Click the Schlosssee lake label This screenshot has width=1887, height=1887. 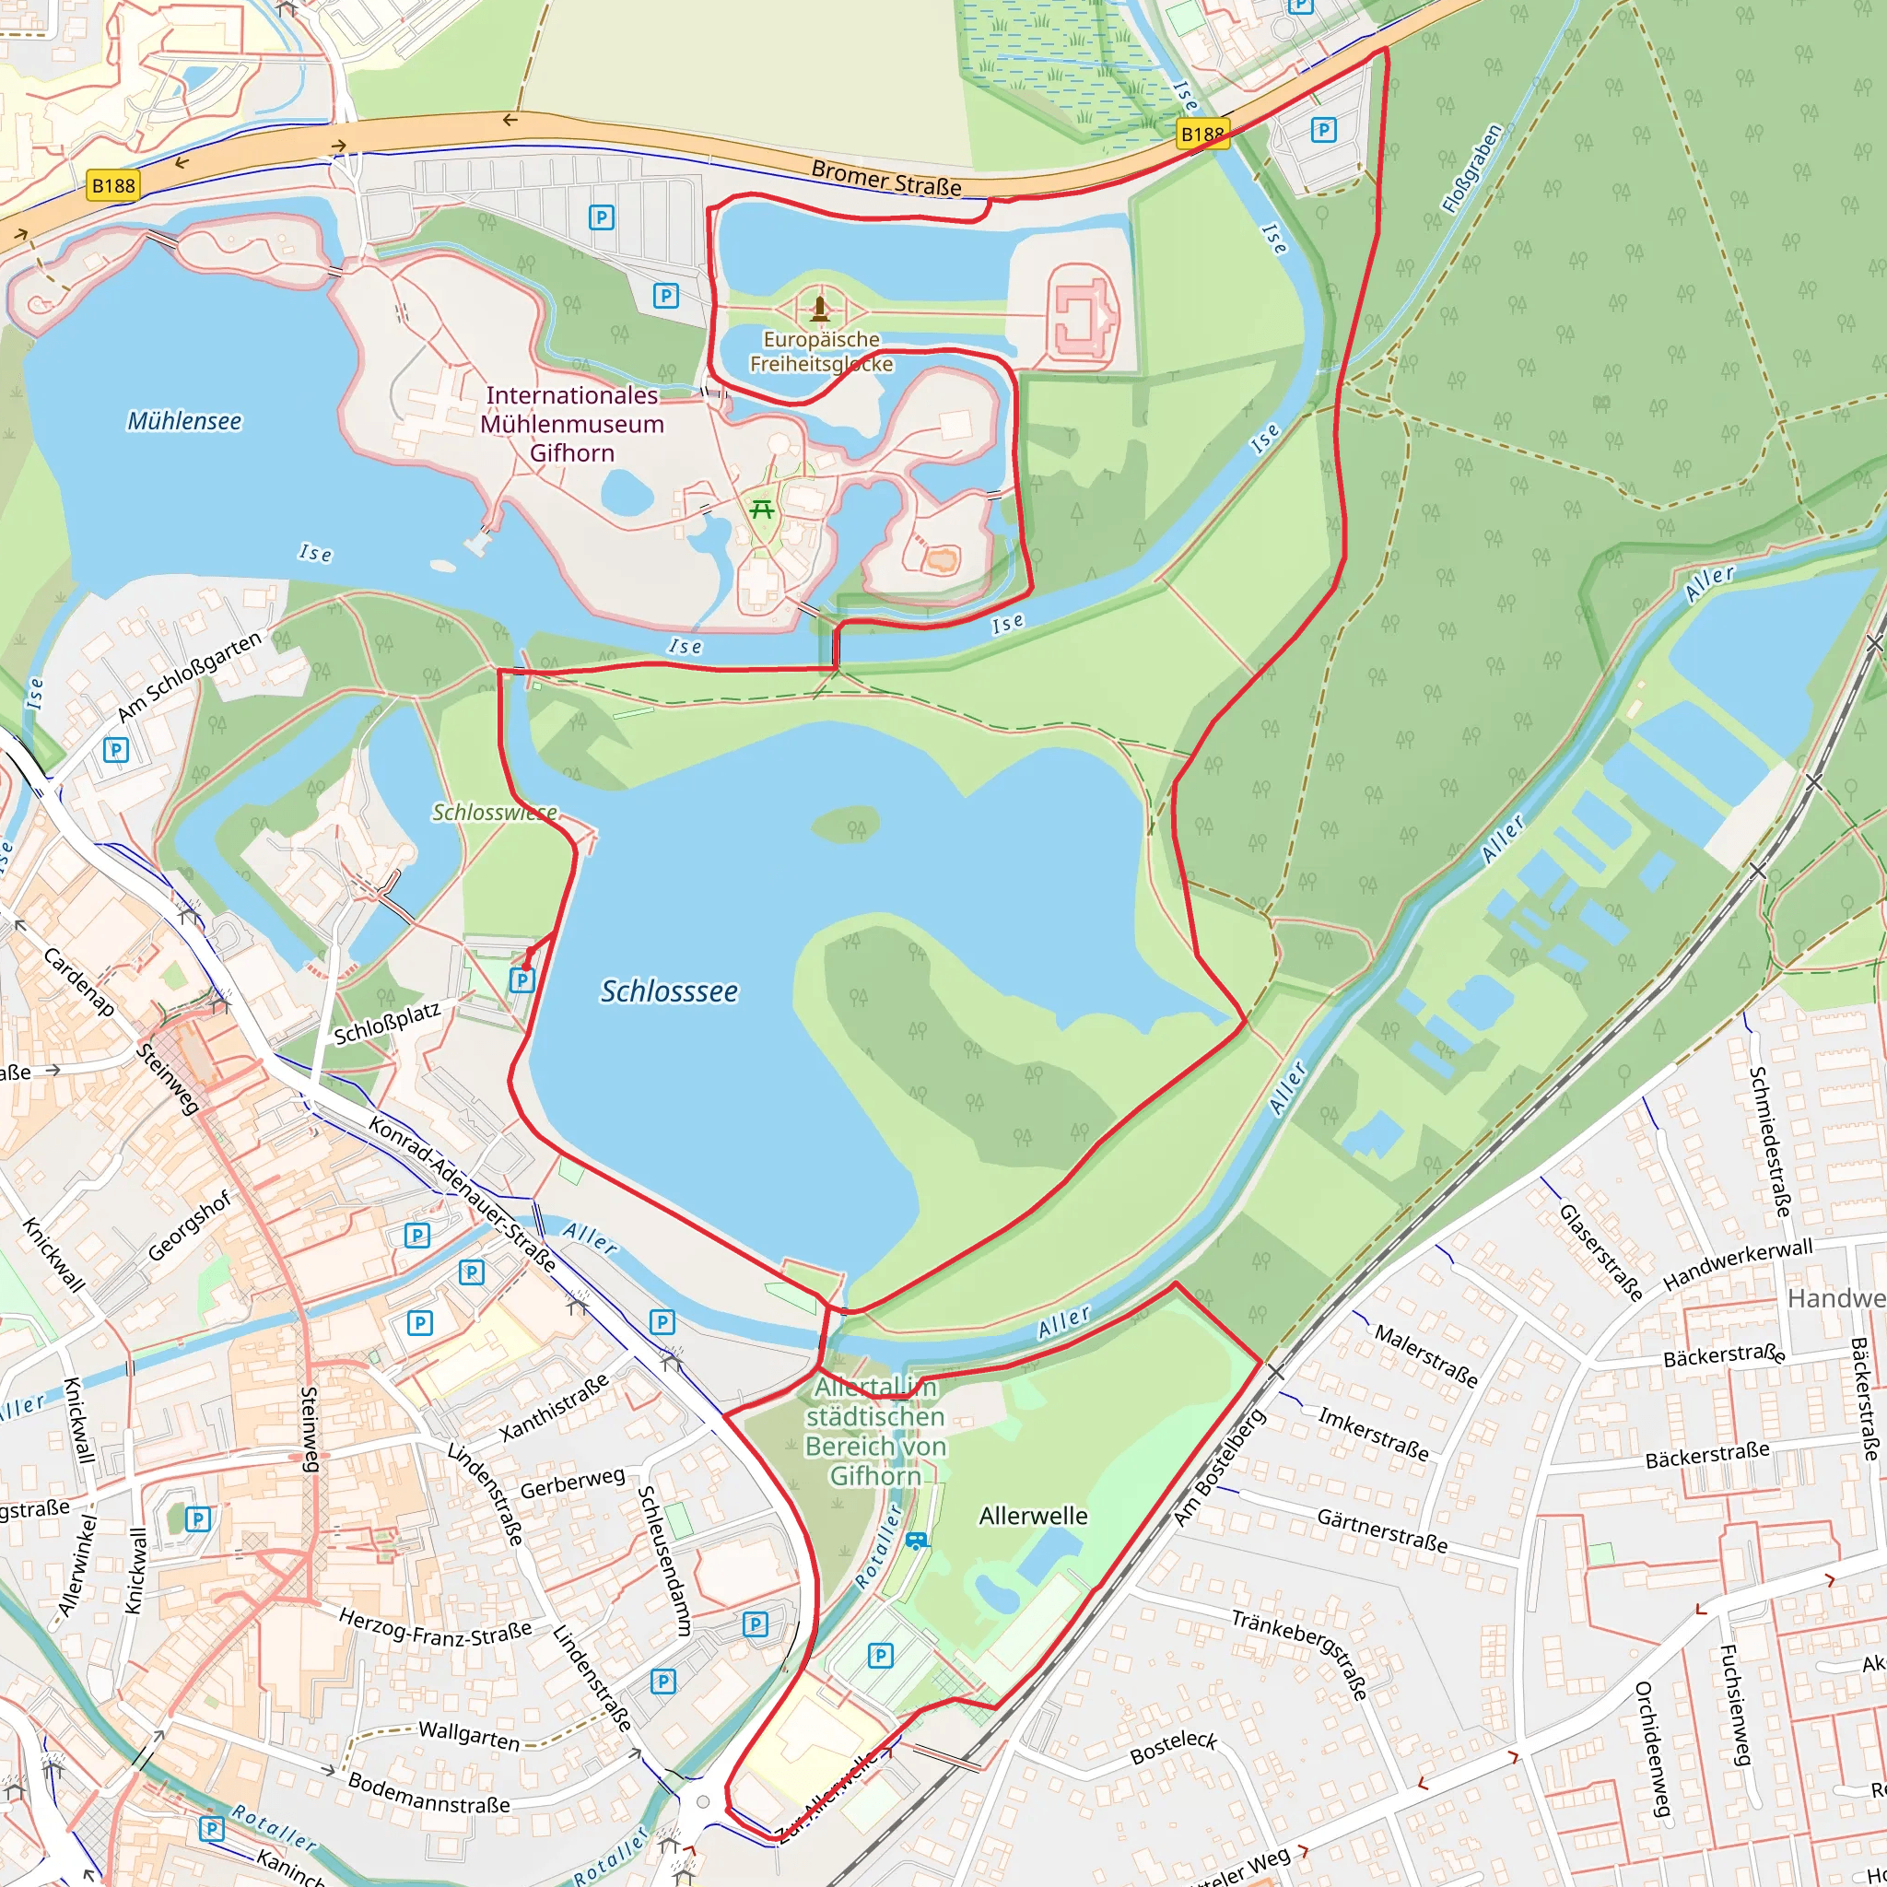click(669, 991)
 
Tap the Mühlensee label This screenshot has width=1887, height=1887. click(183, 421)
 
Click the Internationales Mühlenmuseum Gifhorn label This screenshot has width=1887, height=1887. click(572, 424)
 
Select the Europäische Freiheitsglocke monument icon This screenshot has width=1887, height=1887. click(819, 310)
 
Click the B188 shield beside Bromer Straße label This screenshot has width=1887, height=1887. click(1201, 134)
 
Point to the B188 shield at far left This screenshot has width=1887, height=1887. click(112, 185)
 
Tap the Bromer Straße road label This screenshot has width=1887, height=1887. click(885, 179)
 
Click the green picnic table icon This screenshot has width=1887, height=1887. click(762, 509)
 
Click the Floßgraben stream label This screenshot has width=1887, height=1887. click(1471, 167)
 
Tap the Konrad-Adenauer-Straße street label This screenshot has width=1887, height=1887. click(462, 1194)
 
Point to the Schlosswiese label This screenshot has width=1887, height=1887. click(494, 813)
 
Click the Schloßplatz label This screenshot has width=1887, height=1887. click(387, 1022)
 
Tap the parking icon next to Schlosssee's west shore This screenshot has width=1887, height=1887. click(522, 979)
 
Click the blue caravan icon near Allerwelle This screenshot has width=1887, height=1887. click(915, 1541)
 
